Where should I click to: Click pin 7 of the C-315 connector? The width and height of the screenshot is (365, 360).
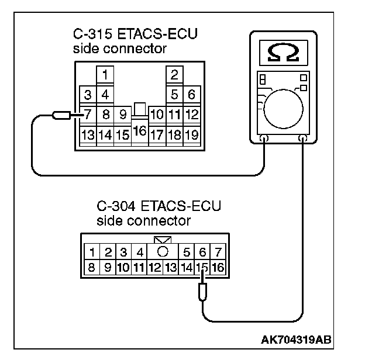click(88, 114)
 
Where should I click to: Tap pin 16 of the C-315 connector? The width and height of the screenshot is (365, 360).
click(140, 131)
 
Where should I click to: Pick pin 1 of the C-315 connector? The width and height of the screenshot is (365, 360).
click(105, 75)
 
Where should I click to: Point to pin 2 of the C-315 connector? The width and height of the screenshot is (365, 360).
click(174, 75)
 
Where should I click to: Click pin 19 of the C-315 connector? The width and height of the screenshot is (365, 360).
click(191, 135)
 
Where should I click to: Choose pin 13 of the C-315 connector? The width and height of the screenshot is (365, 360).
click(88, 135)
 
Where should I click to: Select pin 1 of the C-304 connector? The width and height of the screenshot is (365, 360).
click(93, 253)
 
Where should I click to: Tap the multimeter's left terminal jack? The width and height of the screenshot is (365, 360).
click(264, 140)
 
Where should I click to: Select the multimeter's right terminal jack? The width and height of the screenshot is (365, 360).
click(303, 140)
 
